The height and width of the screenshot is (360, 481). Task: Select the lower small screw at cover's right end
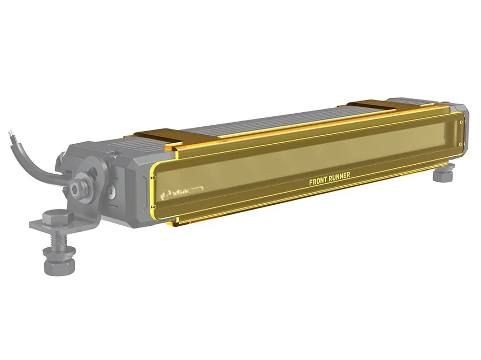[x=462, y=143]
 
